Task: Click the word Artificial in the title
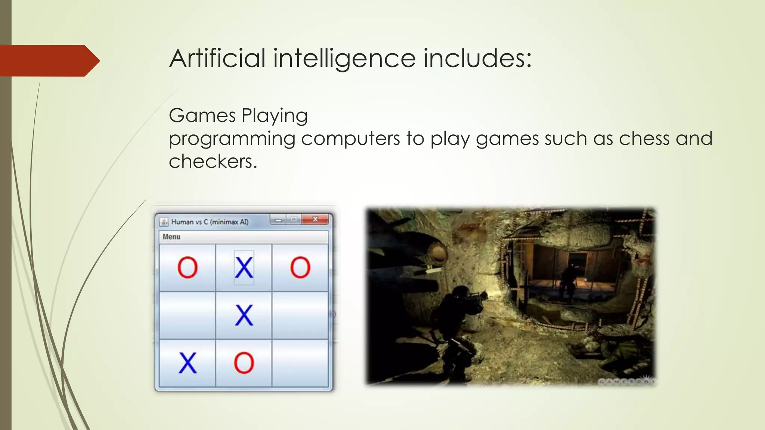coord(217,59)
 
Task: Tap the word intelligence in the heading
coord(344,59)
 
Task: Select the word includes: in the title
coord(477,59)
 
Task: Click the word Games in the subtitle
coord(202,115)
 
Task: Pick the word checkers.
coord(213,162)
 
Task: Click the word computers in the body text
coord(350,138)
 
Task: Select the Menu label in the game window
coord(171,237)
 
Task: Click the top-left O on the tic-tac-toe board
coord(187,268)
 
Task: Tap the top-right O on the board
coord(300,268)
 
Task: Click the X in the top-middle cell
coord(244,268)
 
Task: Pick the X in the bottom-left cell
coord(187,363)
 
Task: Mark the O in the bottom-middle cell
coord(244,363)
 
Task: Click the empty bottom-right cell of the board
coord(300,363)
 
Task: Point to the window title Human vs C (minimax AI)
coord(210,222)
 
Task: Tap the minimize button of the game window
coord(278,220)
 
